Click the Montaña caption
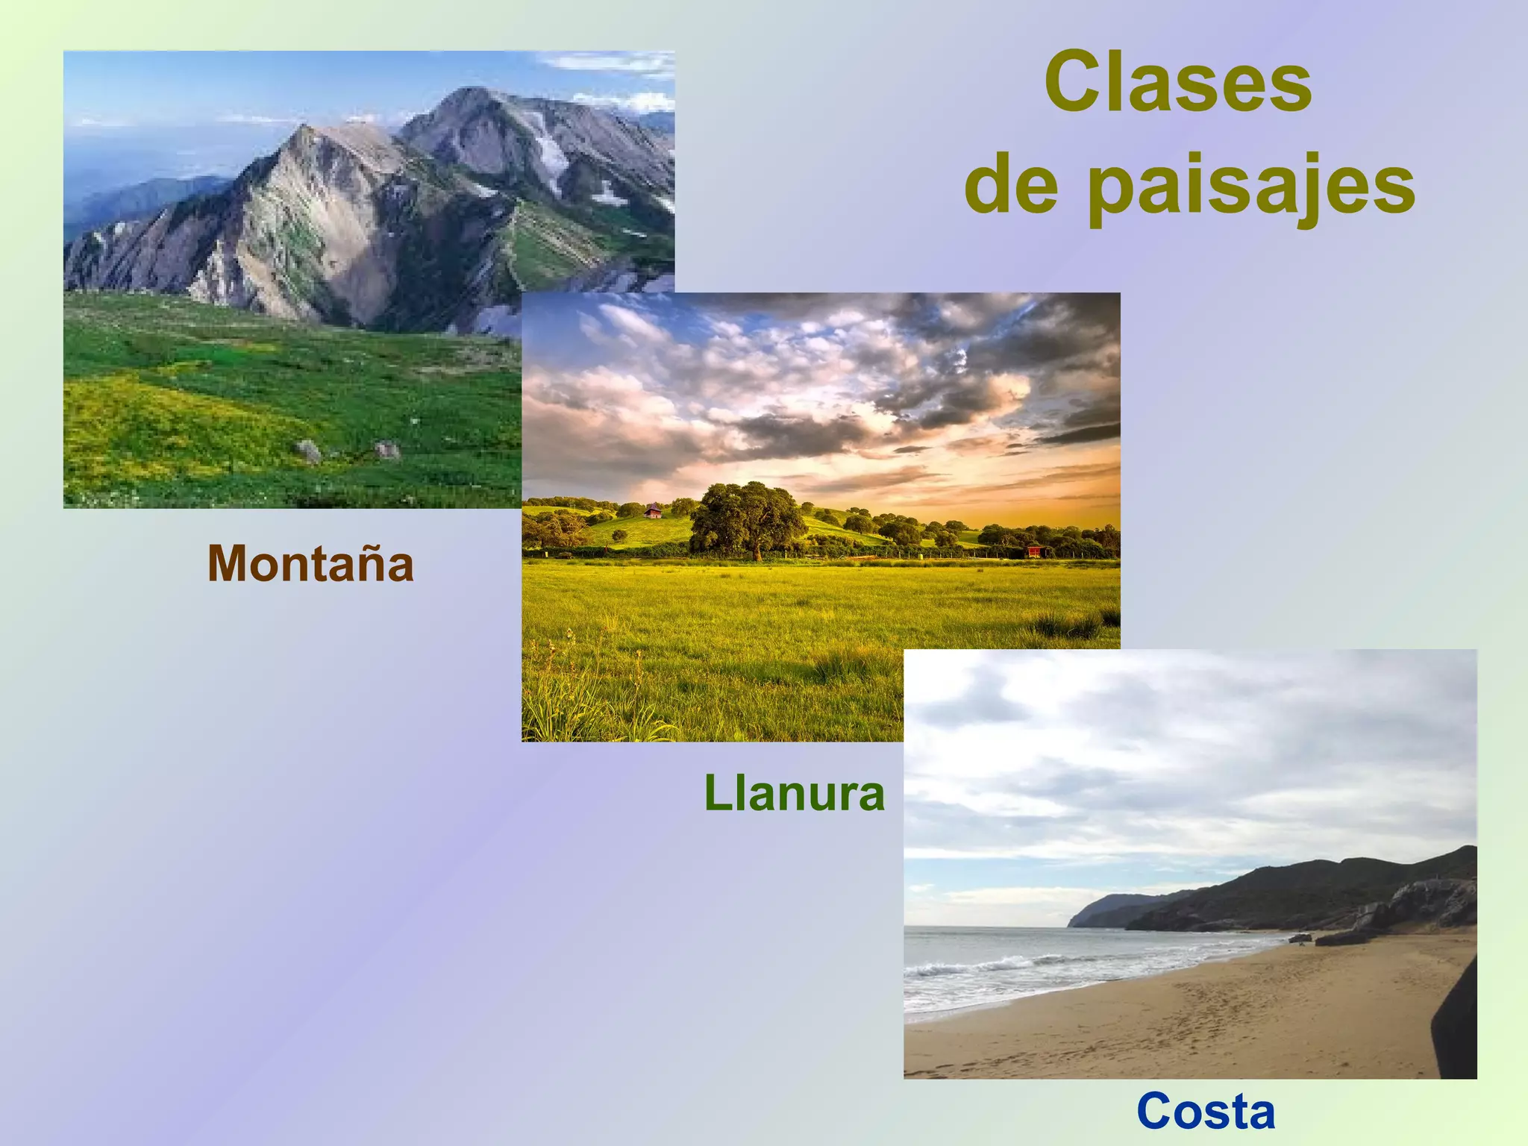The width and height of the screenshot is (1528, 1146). [310, 564]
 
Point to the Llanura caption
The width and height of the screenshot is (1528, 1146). [794, 793]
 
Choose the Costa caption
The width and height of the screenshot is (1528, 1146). [1206, 1111]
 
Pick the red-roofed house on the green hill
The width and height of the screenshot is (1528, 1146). [653, 511]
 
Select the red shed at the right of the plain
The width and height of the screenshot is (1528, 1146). [1034, 551]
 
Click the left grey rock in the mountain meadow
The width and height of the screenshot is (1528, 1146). [307, 451]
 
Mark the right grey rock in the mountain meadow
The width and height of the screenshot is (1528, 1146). [387, 449]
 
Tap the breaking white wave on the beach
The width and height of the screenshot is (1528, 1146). [970, 967]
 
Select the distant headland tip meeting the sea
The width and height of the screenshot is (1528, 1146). [1074, 923]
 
